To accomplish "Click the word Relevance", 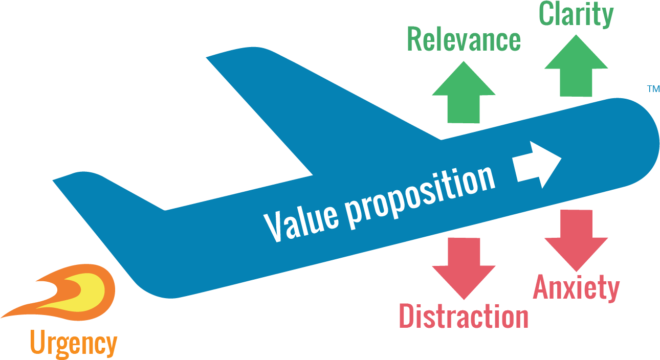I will (464, 40).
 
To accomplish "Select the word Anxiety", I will (576, 288).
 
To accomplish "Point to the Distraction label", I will (463, 316).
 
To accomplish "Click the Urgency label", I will (73, 344).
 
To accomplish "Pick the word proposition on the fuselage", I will (420, 191).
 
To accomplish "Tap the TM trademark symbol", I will (653, 89).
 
